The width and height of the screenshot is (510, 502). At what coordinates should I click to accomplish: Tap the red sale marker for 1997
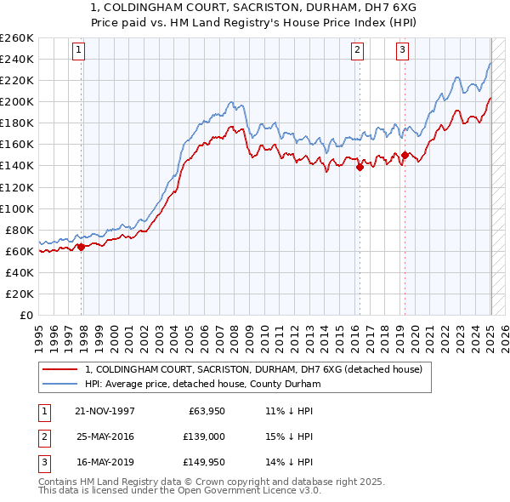[x=82, y=247]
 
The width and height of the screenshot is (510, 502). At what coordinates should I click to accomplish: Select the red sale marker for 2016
[x=360, y=167]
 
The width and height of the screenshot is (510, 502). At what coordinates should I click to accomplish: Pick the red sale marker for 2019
[x=405, y=155]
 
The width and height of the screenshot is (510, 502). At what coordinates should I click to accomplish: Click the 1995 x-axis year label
[x=39, y=332]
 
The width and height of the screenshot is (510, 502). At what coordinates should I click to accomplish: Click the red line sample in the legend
[x=61, y=369]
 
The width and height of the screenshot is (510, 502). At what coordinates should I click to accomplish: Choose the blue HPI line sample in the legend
[x=61, y=385]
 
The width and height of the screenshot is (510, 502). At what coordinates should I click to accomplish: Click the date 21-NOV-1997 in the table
[x=105, y=411]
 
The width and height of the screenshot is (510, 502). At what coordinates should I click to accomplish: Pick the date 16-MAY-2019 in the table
[x=105, y=464]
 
